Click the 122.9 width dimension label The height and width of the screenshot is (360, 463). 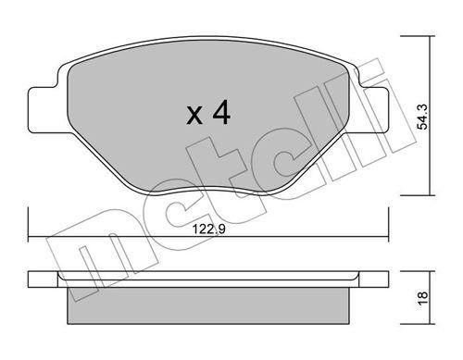point(208,230)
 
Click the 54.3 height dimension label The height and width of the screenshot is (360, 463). point(422,117)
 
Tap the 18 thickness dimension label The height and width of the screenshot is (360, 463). point(423,298)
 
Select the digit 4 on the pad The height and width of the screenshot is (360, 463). point(221,112)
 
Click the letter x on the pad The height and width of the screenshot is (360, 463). point(194,116)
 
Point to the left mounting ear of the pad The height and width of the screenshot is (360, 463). point(44,110)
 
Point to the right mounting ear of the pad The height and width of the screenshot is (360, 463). point(373,110)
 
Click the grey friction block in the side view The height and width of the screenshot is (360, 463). point(208,305)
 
